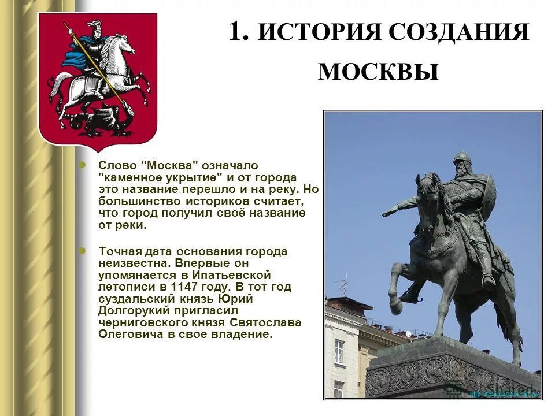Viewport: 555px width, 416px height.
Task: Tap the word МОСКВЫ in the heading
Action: click(379, 72)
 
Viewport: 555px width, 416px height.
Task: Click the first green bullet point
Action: click(82, 165)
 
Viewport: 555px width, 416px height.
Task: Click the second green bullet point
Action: click(82, 251)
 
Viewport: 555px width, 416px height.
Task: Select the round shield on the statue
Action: click(489, 196)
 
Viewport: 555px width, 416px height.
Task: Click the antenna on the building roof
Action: click(343, 283)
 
